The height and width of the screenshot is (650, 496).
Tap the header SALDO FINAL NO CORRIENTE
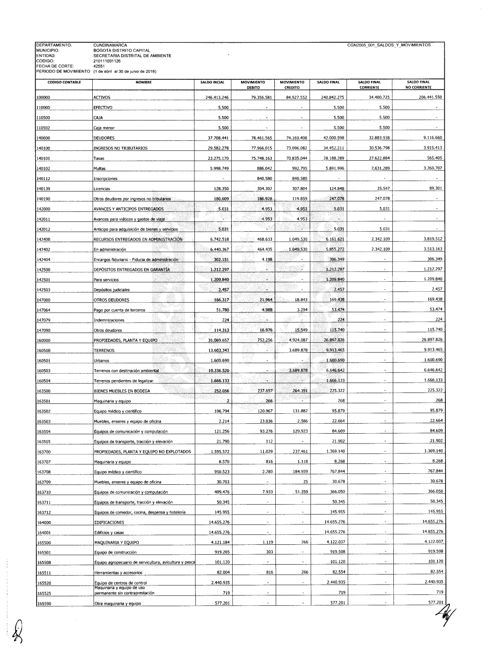tap(418, 84)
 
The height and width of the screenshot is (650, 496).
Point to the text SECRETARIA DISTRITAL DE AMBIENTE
tap(132, 56)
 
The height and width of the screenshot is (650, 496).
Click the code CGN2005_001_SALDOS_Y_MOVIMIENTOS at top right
tap(389, 45)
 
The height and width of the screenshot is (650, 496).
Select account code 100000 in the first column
tap(44, 98)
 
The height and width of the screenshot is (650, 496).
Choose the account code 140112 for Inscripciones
tap(44, 179)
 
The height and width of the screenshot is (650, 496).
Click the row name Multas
tap(100, 169)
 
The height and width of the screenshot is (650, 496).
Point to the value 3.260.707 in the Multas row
tap(431, 168)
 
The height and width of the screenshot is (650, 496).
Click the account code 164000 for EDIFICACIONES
tap(44, 523)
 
